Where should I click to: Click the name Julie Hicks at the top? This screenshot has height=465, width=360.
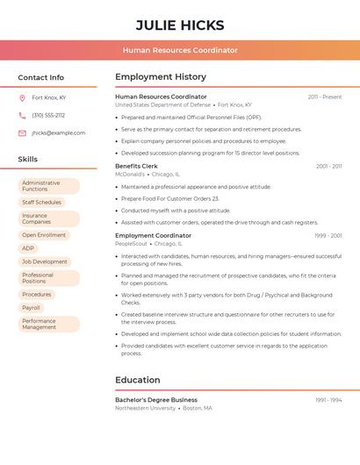180,25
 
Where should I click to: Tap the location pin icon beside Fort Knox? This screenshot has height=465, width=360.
22,97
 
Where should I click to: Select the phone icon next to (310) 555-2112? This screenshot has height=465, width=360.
22,115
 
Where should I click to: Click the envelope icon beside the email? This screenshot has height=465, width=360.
22,132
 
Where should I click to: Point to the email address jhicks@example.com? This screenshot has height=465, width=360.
58,132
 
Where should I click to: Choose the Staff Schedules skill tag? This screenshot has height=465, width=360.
41,202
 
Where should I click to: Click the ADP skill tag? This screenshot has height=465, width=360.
28,248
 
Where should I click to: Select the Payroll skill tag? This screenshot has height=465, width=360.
32,308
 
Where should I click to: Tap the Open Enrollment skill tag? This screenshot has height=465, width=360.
44,235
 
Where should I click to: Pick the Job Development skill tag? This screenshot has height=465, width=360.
45,261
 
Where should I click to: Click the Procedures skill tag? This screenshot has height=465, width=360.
37,295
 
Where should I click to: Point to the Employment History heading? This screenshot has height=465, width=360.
161,77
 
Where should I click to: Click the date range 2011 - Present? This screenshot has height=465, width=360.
324,97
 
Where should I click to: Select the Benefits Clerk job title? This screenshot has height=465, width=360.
136,166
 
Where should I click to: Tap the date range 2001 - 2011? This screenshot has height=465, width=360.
328,166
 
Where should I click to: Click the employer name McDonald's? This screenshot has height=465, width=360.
130,174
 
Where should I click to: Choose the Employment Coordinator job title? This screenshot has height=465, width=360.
153,235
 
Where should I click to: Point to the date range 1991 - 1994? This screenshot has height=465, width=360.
328,399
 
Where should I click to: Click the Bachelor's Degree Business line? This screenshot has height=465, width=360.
156,399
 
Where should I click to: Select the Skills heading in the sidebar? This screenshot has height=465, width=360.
28,160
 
